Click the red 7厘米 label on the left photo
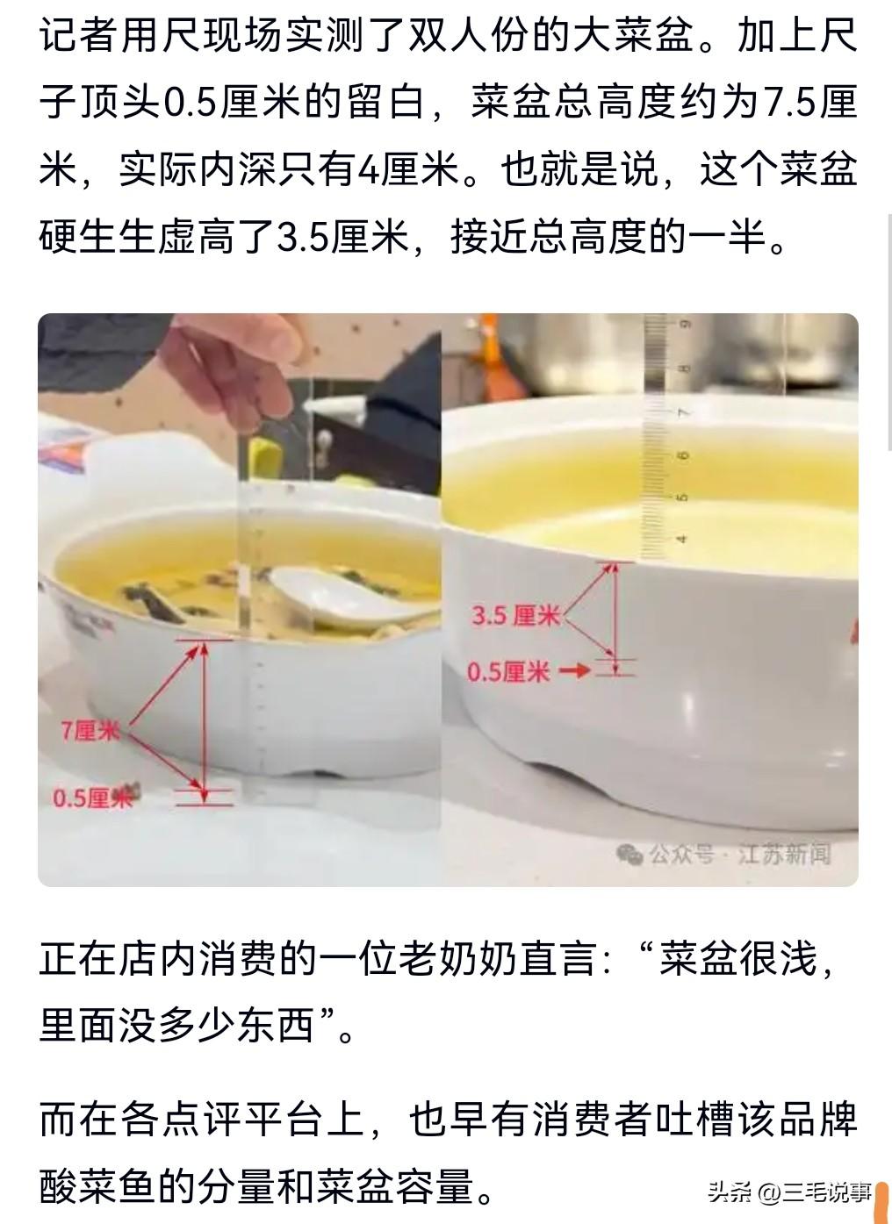coord(89,729)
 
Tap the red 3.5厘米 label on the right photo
coord(515,615)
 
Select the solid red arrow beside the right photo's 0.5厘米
coord(575,670)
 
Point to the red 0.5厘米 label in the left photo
coord(91,798)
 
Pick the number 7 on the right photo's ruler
coord(684,412)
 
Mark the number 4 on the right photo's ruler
coord(682,539)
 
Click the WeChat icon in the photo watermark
coord(629,854)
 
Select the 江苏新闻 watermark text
coord(783,854)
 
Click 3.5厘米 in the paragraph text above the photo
coord(342,236)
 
